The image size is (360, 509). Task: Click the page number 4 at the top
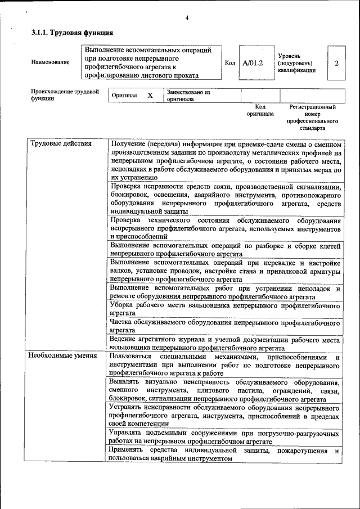(186, 18)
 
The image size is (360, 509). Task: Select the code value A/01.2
(253, 62)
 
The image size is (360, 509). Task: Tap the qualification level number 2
(336, 62)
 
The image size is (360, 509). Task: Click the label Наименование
(51, 62)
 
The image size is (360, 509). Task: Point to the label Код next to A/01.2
(229, 62)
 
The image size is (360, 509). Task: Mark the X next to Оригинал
(150, 96)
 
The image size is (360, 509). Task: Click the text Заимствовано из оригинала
(188, 96)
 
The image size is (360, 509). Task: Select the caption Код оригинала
(260, 110)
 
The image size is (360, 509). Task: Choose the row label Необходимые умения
(63, 356)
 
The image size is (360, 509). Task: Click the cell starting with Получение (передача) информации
(225, 160)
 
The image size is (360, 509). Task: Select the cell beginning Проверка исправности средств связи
(225, 199)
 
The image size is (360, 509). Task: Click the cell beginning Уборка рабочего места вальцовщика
(225, 308)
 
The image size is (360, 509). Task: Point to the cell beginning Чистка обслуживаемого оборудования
(225, 326)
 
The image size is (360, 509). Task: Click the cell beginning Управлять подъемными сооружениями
(225, 438)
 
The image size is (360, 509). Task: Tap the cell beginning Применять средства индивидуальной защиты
(225, 454)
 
